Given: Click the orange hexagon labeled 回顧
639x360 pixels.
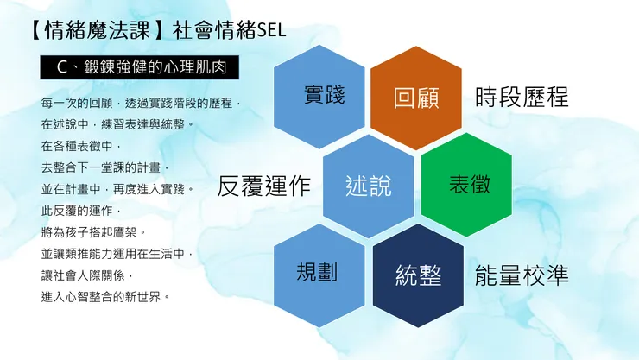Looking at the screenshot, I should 416,97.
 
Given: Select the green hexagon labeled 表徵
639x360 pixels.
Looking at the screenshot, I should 470,184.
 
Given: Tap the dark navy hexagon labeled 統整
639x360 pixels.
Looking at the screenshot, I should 418,275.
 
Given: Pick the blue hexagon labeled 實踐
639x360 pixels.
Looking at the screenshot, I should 320,97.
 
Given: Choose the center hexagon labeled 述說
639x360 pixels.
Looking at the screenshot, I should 369,186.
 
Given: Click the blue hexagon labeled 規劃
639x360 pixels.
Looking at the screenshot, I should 318,273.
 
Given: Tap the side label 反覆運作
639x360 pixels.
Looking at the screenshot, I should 264,186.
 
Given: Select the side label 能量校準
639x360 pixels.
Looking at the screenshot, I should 522,275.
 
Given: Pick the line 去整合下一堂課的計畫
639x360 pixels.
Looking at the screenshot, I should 102,167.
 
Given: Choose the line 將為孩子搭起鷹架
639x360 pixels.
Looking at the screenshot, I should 94,232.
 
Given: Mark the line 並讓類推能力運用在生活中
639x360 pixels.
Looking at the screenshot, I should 113,254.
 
